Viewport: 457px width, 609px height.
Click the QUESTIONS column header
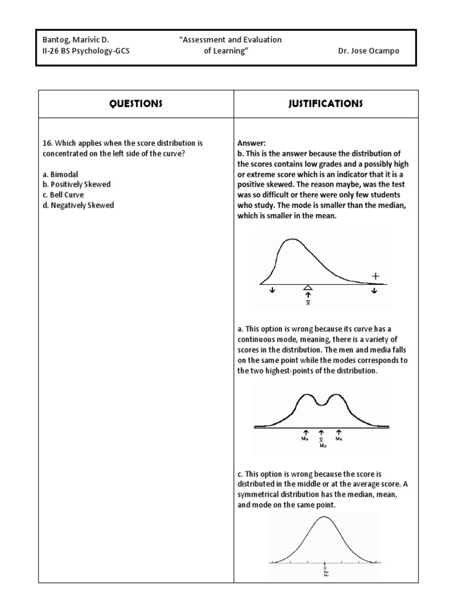(x=136, y=103)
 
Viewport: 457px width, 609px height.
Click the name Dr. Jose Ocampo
(x=368, y=51)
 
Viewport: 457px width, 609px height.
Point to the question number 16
(x=48, y=143)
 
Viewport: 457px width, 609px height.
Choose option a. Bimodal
(x=61, y=174)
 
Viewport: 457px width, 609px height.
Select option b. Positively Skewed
(x=77, y=184)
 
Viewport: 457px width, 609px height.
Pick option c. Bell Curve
(x=63, y=195)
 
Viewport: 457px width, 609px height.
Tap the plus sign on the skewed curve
(x=375, y=276)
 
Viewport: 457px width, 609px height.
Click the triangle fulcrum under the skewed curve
(x=308, y=287)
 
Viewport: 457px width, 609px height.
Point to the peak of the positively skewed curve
(x=291, y=240)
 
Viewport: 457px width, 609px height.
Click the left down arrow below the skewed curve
(x=273, y=291)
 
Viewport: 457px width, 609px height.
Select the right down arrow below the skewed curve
(x=374, y=291)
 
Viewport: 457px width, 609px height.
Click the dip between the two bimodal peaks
(x=322, y=404)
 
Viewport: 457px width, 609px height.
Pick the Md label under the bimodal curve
(x=323, y=445)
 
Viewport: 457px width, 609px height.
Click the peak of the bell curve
(x=324, y=517)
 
